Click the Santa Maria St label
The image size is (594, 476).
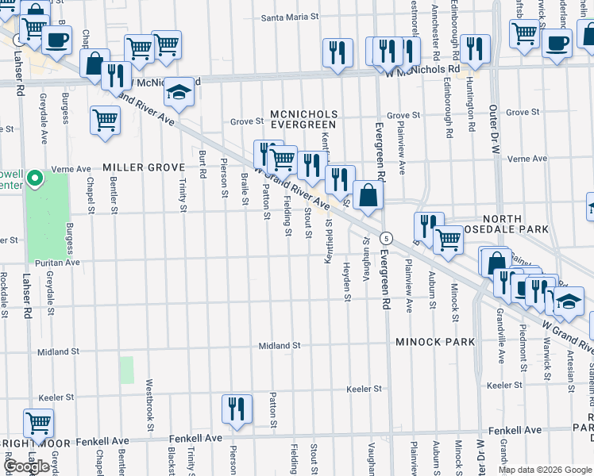[291, 16]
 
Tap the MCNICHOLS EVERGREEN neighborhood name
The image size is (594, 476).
[304, 120]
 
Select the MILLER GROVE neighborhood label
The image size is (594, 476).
[144, 167]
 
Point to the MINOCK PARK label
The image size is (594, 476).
[435, 342]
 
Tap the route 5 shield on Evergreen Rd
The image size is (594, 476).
[386, 238]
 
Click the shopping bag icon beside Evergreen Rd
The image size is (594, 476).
[369, 195]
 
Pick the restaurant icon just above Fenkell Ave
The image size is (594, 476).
[237, 409]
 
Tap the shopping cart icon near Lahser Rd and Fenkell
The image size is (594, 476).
[38, 423]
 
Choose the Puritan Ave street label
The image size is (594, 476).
[56, 262]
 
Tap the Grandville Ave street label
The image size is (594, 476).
[502, 340]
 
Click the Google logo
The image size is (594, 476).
[27, 466]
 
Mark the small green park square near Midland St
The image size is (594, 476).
[127, 370]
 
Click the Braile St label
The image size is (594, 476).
[245, 187]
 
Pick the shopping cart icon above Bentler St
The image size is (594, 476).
[105, 121]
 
